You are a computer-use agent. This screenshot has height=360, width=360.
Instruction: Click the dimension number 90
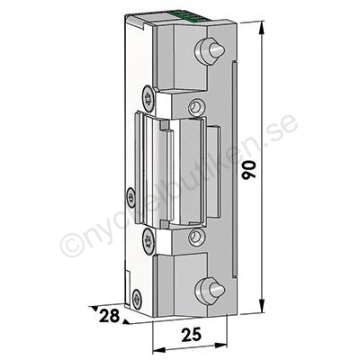[x=249, y=170]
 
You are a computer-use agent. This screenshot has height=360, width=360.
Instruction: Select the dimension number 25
[x=192, y=335]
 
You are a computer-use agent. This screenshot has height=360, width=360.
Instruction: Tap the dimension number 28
[x=109, y=316]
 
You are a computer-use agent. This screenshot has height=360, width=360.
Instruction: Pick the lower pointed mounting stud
[x=209, y=291]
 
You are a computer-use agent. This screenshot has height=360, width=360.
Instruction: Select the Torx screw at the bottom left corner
[x=137, y=299]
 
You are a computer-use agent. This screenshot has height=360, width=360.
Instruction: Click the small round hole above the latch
[x=196, y=107]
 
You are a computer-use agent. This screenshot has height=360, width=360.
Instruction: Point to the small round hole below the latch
[x=196, y=237]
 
